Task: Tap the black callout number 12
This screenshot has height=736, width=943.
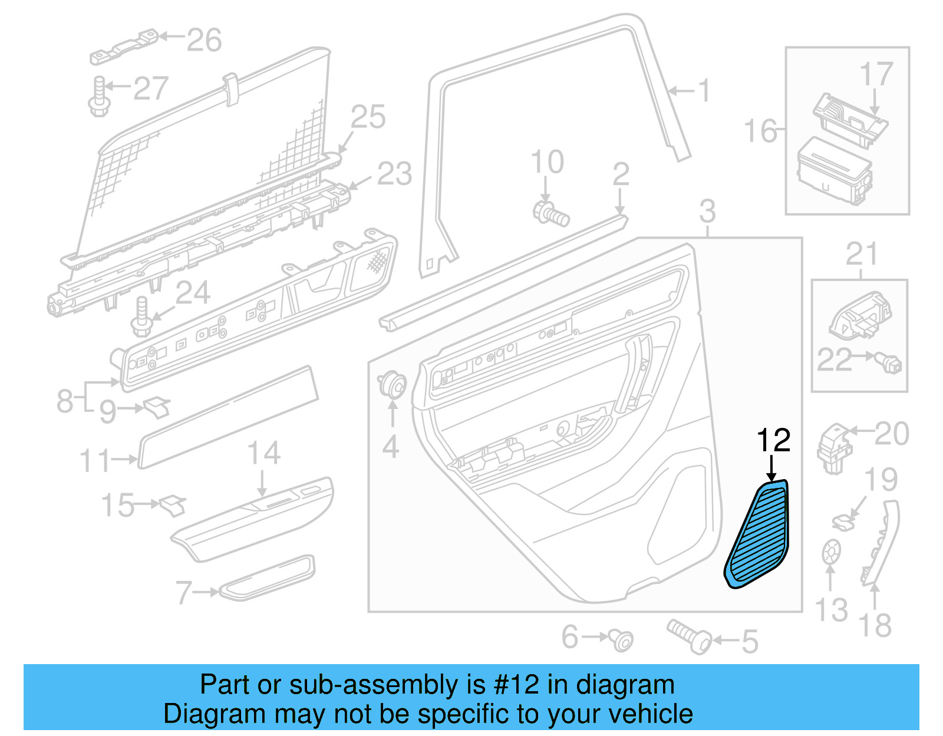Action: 773,441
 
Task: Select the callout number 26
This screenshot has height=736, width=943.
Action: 204,40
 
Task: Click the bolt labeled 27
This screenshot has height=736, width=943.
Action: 99,97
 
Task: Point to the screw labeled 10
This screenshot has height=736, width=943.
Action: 550,213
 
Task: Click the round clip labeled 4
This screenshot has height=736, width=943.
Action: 393,385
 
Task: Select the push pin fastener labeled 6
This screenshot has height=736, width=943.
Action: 621,639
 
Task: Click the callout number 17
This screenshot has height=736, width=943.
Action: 876,75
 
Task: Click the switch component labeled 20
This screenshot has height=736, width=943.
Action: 834,448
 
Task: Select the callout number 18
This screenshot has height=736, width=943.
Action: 875,625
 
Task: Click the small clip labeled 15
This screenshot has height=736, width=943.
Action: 172,504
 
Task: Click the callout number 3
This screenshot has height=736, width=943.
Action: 707,211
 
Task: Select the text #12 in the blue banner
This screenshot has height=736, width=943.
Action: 516,685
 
